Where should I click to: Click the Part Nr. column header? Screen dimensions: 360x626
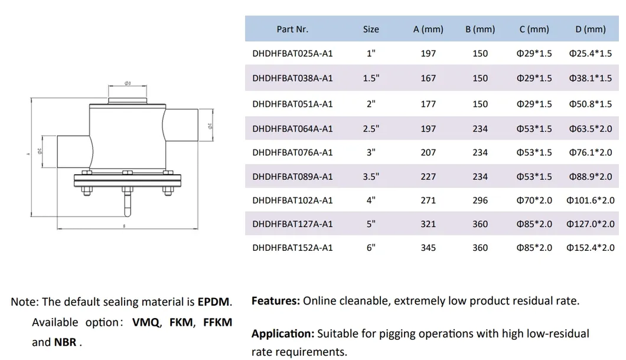(292, 29)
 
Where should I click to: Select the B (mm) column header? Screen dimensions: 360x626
(480, 29)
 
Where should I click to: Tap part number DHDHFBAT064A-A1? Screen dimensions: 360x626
(292, 129)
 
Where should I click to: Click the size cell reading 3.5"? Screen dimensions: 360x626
(371, 176)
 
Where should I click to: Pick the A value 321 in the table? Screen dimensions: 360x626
(428, 224)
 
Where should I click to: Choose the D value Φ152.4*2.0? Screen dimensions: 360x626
(590, 247)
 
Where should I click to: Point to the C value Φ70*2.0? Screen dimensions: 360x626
(534, 200)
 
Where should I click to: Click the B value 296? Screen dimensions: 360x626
(480, 200)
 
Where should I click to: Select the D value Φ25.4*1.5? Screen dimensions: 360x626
(590, 53)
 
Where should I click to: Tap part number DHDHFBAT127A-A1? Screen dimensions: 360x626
(292, 224)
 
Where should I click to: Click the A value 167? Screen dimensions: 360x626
(428, 78)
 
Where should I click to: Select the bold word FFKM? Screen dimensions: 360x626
(217, 322)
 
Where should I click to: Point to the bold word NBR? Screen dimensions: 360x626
(66, 342)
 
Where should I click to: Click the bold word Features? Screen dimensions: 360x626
(275, 300)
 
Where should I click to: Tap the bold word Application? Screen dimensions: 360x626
(283, 333)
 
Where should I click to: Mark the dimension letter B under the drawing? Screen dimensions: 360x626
(124, 225)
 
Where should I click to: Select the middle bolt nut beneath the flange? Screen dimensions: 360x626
(126, 189)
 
